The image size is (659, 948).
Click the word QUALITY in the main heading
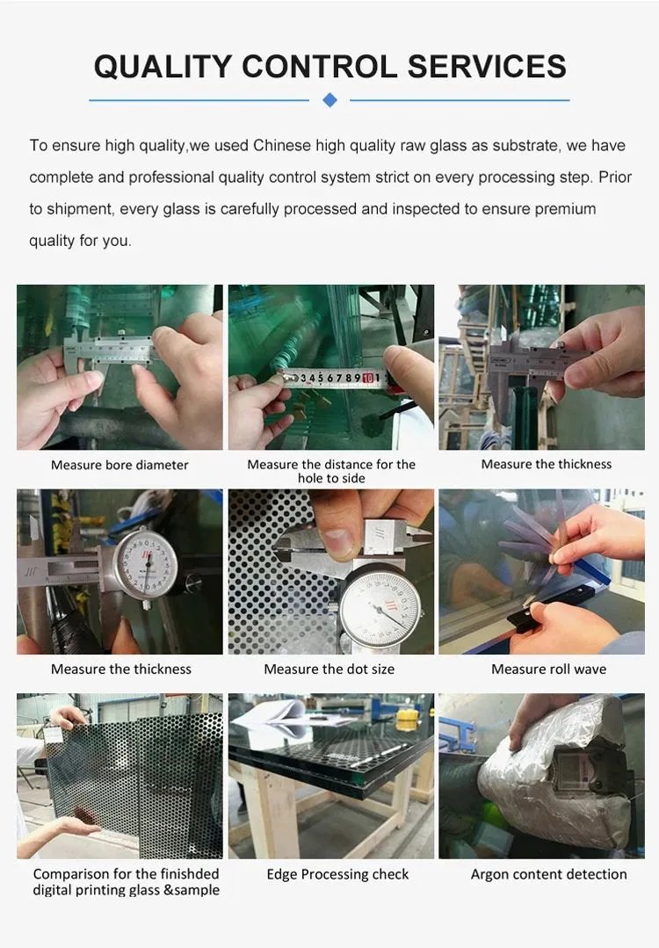163,67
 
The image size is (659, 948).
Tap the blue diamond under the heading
329,100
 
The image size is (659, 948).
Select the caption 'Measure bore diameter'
119,465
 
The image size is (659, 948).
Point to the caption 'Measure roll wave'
548,669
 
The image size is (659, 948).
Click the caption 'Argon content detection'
548,874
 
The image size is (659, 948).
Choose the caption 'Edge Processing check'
337,874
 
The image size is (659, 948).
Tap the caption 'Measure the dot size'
329,669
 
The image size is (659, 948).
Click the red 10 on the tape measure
367,378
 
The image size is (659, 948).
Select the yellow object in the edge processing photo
407,720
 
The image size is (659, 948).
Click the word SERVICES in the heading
487,67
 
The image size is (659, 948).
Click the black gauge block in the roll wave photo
526,619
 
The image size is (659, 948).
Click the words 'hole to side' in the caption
331,478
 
